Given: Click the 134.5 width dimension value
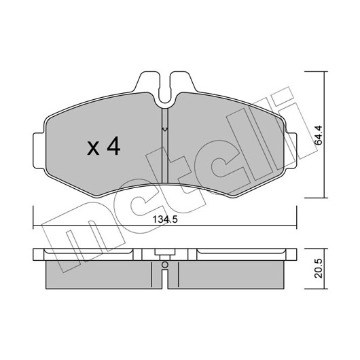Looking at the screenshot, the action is pyautogui.click(x=165, y=219).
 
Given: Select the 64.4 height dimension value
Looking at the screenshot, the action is pyautogui.click(x=319, y=135).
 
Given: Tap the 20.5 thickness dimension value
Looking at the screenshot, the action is pyautogui.click(x=319, y=268).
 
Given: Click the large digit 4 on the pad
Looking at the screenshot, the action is pyautogui.click(x=113, y=146).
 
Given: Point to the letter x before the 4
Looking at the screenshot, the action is pyautogui.click(x=93, y=149).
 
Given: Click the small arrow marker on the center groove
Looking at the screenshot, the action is pyautogui.click(x=165, y=130).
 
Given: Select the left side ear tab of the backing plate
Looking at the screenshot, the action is pyautogui.click(x=39, y=150).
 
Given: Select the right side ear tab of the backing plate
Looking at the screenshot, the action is pyautogui.click(x=291, y=150).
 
